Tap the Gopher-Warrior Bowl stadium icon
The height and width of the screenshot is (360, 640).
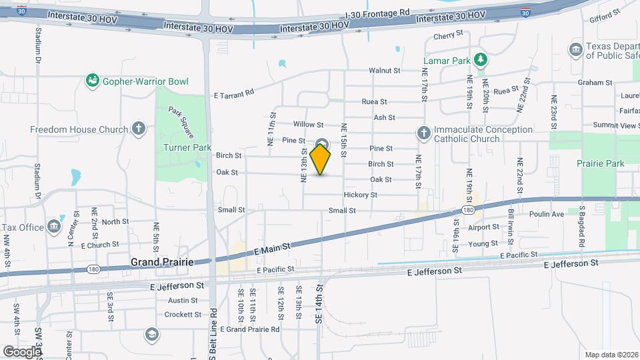93,81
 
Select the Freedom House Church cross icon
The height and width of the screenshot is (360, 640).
138,128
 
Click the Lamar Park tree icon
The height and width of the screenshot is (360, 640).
480,60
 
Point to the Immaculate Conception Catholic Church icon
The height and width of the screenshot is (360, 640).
423,133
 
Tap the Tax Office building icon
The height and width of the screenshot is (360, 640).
54,227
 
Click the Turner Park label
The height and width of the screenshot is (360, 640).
178,147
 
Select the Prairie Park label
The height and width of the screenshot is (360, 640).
601,163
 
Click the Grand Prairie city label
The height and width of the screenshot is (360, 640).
162,262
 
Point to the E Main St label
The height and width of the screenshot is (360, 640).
273,247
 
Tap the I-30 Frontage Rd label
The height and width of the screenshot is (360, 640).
377,13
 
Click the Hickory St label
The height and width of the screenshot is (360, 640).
361,195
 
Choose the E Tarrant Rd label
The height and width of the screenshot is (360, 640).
234,94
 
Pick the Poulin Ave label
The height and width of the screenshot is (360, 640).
547,214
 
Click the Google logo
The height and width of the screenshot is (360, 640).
22,351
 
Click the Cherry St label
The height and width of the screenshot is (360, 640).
448,35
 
